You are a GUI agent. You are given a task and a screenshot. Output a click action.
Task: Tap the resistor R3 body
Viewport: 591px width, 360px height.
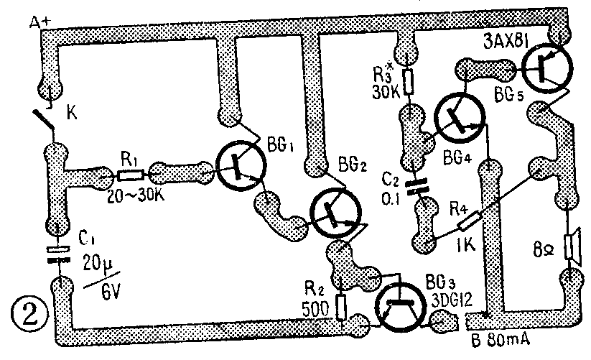pyautogui.click(x=409, y=83)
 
